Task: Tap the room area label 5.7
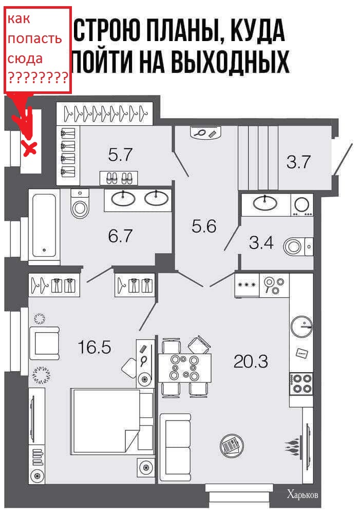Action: [120, 155]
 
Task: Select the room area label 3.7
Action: [298, 162]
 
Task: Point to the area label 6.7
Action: [120, 236]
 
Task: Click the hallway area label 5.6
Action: [204, 226]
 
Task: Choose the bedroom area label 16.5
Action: [94, 347]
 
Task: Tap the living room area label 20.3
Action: [251, 361]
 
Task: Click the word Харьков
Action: [302, 494]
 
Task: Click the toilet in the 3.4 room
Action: [297, 246]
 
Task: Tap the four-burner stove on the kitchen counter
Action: [301, 383]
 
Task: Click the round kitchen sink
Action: [301, 327]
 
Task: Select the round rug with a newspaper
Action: [232, 445]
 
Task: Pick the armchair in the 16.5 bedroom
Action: [45, 343]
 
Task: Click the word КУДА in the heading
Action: [257, 31]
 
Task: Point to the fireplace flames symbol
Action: [293, 446]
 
